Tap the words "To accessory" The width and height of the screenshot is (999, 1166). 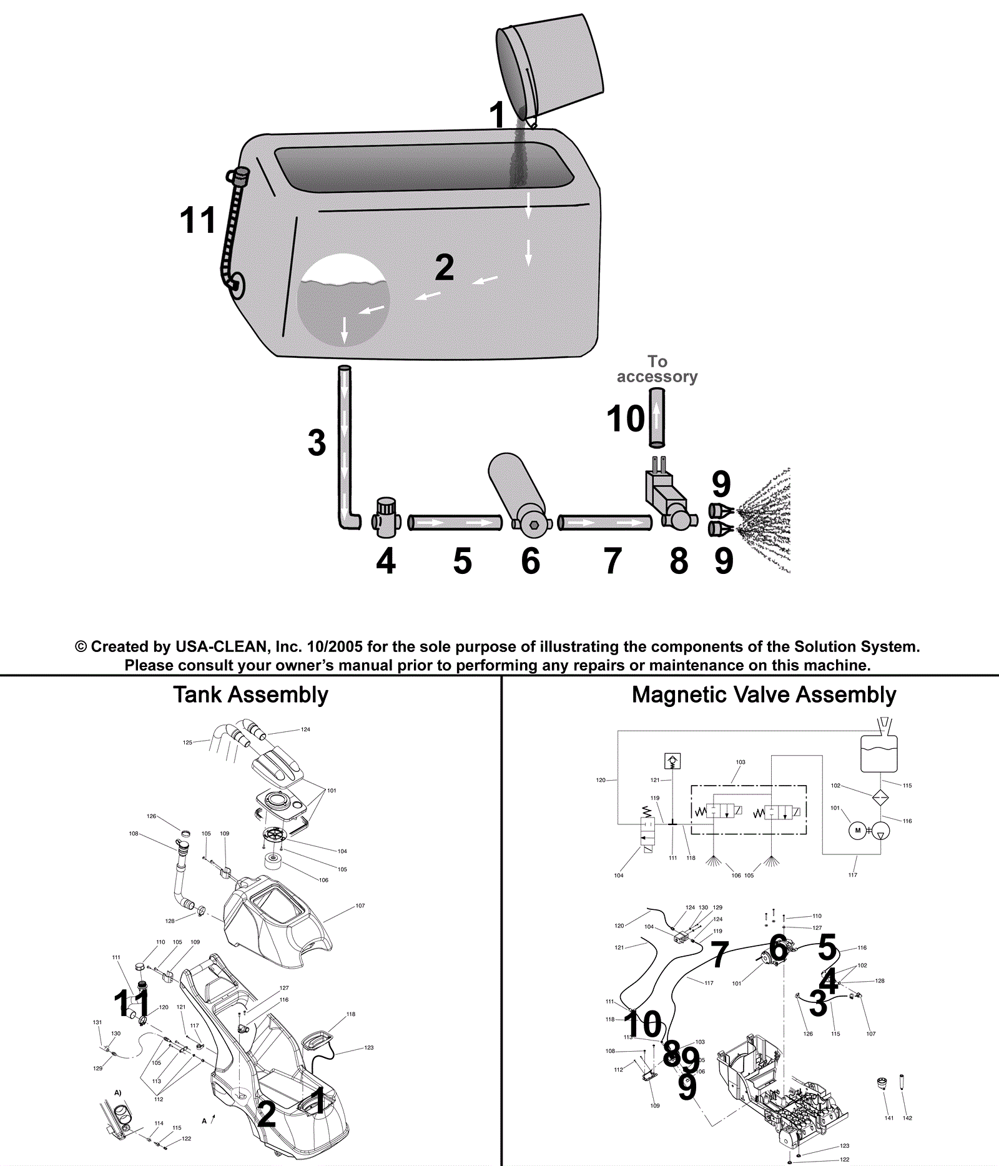tap(657, 369)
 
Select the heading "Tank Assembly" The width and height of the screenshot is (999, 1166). tap(250, 694)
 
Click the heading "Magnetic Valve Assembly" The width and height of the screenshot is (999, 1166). tap(764, 694)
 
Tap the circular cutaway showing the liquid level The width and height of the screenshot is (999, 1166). tap(343, 300)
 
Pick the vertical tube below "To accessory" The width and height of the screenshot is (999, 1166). tap(657, 417)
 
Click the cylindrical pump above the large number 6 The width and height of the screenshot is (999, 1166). tap(518, 493)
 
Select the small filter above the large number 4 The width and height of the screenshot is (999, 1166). tap(386, 517)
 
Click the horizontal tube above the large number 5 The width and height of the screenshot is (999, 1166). tap(455, 522)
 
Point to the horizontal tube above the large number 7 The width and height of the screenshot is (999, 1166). tap(604, 522)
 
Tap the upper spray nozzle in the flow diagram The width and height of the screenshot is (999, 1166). tap(719, 511)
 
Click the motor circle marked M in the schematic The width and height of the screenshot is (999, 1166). tap(858, 830)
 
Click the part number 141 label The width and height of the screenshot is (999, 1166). tap(889, 1118)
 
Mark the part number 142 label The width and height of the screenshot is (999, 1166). tap(907, 1118)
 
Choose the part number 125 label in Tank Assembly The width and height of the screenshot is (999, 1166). tap(187, 743)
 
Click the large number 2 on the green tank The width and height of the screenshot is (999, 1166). tap(444, 267)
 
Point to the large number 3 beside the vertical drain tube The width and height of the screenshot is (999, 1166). tap(317, 442)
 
